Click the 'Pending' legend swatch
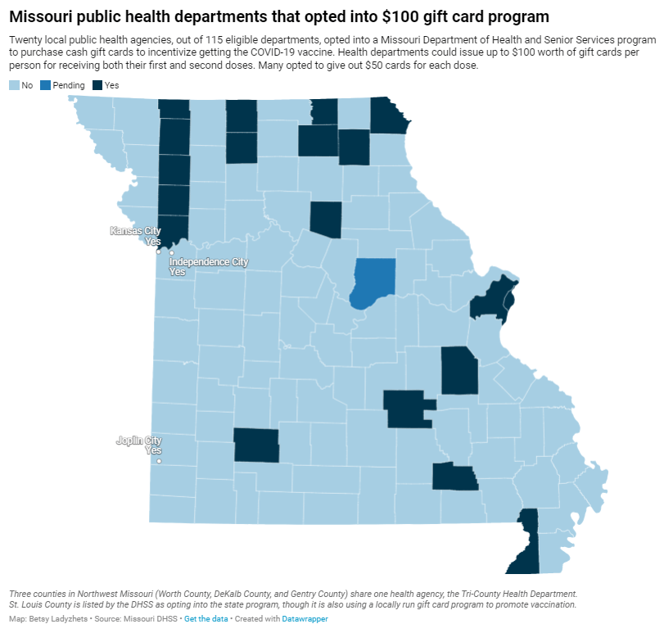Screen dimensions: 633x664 (46, 85)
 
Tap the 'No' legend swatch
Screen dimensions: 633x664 (14, 85)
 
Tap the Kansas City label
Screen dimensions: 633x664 (136, 232)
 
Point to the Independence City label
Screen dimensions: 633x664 (208, 262)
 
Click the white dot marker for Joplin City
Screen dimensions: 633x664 (159, 461)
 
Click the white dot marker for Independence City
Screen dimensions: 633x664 (172, 253)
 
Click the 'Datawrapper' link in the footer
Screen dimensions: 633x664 (305, 619)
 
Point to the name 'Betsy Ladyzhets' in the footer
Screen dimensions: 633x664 (55, 619)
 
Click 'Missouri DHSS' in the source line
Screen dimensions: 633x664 (153, 619)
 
